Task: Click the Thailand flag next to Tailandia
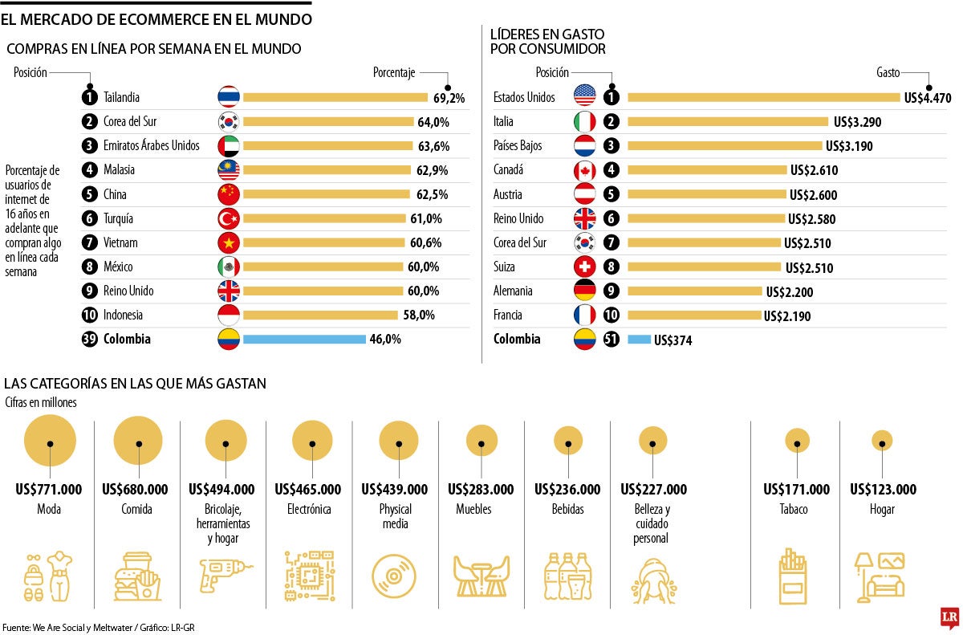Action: click(229, 97)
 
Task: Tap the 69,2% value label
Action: click(449, 98)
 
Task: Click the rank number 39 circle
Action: click(90, 339)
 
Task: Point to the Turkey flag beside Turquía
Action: click(229, 218)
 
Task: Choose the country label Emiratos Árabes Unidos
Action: click(152, 146)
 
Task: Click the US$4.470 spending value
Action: click(927, 98)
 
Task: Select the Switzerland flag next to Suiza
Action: click(585, 267)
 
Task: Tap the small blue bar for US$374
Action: click(639, 340)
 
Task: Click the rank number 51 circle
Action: click(612, 340)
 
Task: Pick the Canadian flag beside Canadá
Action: click(585, 170)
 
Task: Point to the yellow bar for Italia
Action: click(727, 122)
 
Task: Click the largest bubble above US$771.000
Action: click(50, 442)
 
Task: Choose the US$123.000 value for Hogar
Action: click(883, 490)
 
